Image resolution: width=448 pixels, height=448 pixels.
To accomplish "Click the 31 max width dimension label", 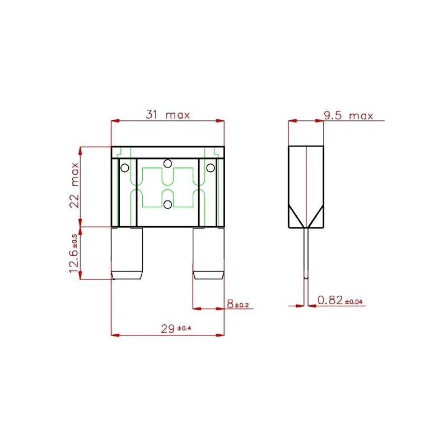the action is coord(167,115).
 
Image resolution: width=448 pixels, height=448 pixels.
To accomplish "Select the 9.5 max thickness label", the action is coord(348,116).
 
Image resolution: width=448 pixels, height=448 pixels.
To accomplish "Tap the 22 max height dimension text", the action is coord(74,185).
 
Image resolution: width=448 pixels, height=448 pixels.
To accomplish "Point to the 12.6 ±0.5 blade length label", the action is coord(73,254).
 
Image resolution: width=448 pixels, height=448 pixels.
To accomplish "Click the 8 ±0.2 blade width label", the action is coord(237,304).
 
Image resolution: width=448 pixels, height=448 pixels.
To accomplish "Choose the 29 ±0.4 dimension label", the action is coord(176,329).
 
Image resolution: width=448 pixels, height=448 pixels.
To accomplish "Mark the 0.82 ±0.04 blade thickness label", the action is coord(340,300).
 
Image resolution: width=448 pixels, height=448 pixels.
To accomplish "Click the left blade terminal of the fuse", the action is coord(127,254).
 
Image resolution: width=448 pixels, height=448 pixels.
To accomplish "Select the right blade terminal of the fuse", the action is coord(208,254).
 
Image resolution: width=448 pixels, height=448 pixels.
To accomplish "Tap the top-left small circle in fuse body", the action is coord(125,168).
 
